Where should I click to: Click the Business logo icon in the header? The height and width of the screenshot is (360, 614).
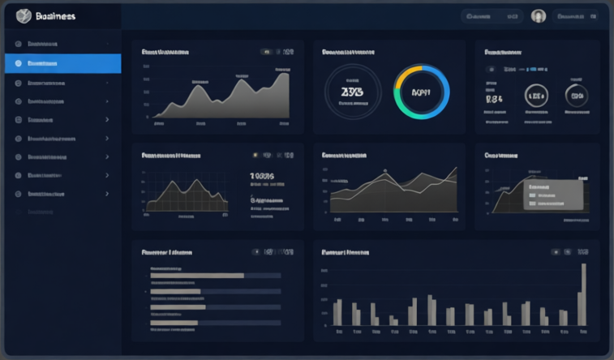click(x=24, y=15)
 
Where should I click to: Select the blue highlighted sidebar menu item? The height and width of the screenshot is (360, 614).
click(x=62, y=62)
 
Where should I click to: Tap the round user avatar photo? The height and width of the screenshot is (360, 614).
click(x=538, y=15)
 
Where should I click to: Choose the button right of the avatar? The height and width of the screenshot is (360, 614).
click(x=575, y=15)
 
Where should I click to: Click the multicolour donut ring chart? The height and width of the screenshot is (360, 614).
click(x=422, y=92)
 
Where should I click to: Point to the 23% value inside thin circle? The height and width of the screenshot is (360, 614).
click(x=352, y=92)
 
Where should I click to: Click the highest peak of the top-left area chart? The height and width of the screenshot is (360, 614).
click(x=284, y=72)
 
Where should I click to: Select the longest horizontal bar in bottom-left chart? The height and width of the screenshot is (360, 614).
click(x=197, y=276)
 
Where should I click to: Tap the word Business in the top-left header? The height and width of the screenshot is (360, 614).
click(x=56, y=15)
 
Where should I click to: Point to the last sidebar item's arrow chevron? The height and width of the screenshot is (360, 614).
click(x=107, y=195)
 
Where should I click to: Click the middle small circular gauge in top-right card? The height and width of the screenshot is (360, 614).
click(x=536, y=95)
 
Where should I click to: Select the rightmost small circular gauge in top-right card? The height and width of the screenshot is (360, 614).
click(x=577, y=95)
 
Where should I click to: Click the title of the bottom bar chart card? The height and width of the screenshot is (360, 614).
click(x=346, y=252)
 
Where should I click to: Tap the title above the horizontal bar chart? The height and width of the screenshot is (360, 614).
click(x=167, y=252)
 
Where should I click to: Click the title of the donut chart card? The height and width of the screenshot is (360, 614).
click(x=349, y=52)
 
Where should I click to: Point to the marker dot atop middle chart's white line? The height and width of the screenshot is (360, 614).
click(x=385, y=170)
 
